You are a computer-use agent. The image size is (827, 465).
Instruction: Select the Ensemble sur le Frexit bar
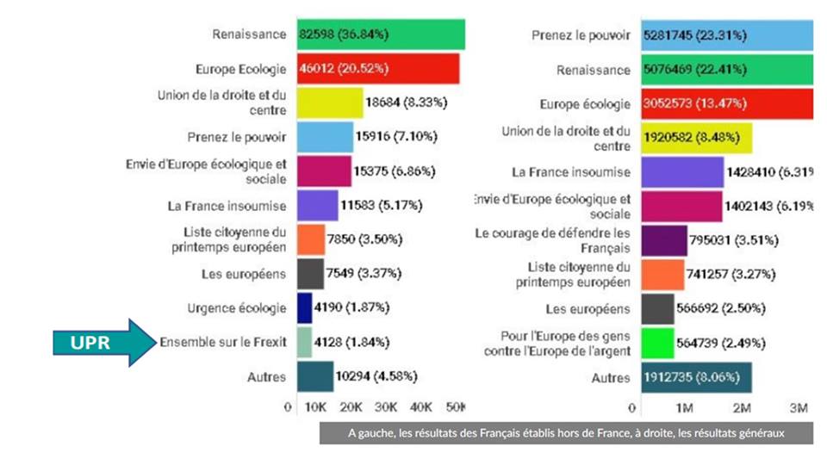304,343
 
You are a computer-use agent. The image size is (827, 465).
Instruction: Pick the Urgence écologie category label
237,307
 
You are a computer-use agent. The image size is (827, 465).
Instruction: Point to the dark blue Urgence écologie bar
304,307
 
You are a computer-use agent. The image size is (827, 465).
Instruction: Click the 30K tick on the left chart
386,406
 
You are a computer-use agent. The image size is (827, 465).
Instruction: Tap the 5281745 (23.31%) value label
694,35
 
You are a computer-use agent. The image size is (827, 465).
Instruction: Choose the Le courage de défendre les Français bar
664,240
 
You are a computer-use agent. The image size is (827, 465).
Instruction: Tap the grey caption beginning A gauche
566,433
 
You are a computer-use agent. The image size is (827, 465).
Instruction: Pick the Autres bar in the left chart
315,377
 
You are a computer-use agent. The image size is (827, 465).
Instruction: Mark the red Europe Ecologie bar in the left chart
378,69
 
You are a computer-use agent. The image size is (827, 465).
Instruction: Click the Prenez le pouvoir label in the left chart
236,137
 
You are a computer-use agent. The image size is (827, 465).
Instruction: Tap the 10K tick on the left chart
315,406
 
